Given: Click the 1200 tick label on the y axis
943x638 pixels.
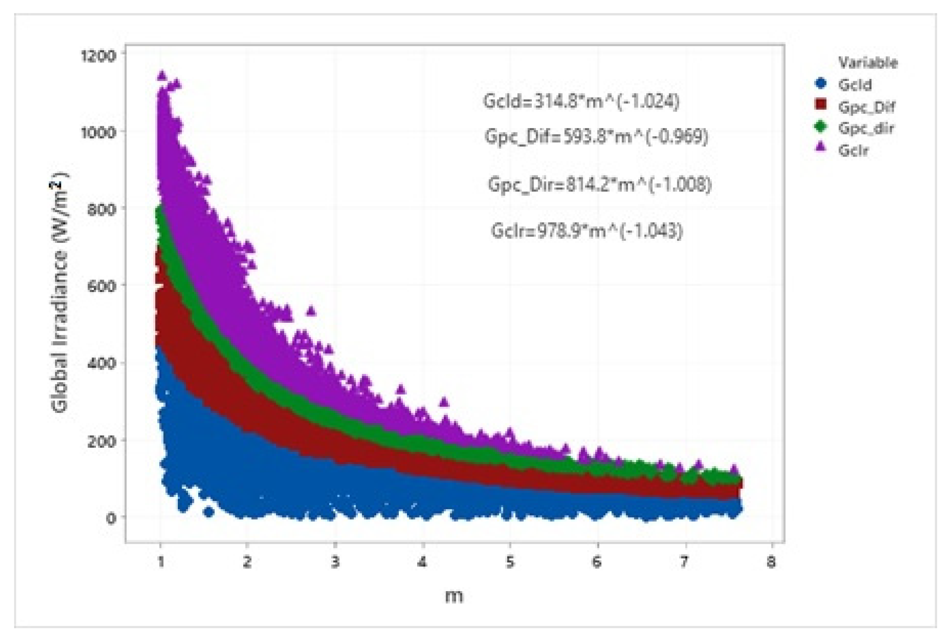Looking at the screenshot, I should (x=99, y=55).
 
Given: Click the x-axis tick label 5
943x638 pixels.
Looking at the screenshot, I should (x=510, y=562).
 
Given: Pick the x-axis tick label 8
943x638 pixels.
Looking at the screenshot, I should (x=771, y=562).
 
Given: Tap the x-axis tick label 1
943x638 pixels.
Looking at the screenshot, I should (x=161, y=562).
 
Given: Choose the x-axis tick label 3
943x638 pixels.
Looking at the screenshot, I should (x=335, y=562).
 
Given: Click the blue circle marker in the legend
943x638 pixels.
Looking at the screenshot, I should (x=821, y=84).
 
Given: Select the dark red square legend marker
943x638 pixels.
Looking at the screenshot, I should (x=821, y=105).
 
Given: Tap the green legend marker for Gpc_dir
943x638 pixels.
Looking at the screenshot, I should (x=821, y=127).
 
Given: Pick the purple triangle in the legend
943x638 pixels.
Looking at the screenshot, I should (x=821, y=149).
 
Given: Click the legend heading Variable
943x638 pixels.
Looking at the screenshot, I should (x=868, y=63).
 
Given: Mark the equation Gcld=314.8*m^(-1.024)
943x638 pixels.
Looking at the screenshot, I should (x=581, y=102).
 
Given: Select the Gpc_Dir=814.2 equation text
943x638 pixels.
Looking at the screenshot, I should (x=599, y=185).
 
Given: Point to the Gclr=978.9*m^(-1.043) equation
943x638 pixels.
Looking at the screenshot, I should (x=587, y=231).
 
